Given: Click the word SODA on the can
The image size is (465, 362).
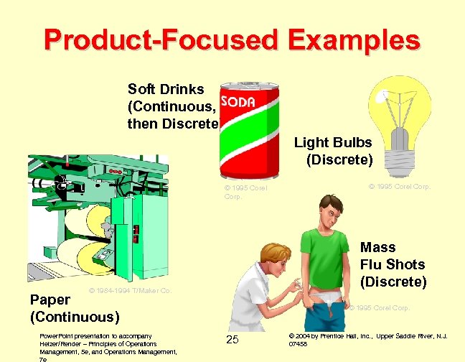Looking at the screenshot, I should [238, 102].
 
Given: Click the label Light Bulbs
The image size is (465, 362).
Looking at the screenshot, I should [333, 143].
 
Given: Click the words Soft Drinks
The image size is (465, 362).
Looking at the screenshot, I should [166, 90].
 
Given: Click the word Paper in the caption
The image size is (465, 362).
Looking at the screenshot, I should [50, 299].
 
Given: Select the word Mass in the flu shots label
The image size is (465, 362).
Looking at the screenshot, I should [377, 247].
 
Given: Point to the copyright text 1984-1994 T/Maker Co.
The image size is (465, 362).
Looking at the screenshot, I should [129, 291].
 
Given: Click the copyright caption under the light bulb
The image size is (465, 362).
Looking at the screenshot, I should [399, 186].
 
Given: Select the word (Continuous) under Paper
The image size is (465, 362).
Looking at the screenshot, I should [75, 316].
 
